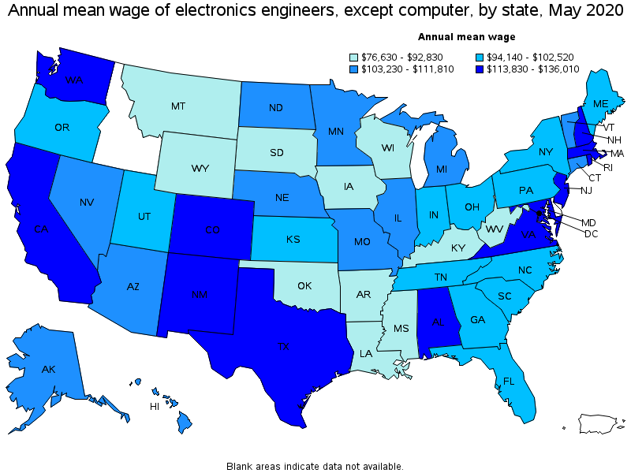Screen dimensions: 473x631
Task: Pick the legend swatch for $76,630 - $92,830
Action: (355, 57)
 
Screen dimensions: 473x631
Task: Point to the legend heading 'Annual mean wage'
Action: (466, 36)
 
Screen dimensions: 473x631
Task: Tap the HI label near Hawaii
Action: (155, 407)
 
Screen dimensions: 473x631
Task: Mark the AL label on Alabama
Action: (437, 322)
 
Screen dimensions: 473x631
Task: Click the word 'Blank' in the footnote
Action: (241, 466)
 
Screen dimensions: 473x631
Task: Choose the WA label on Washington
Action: (75, 80)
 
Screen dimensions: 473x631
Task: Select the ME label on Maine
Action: (601, 103)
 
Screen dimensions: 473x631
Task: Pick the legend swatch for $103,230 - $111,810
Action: (355, 69)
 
